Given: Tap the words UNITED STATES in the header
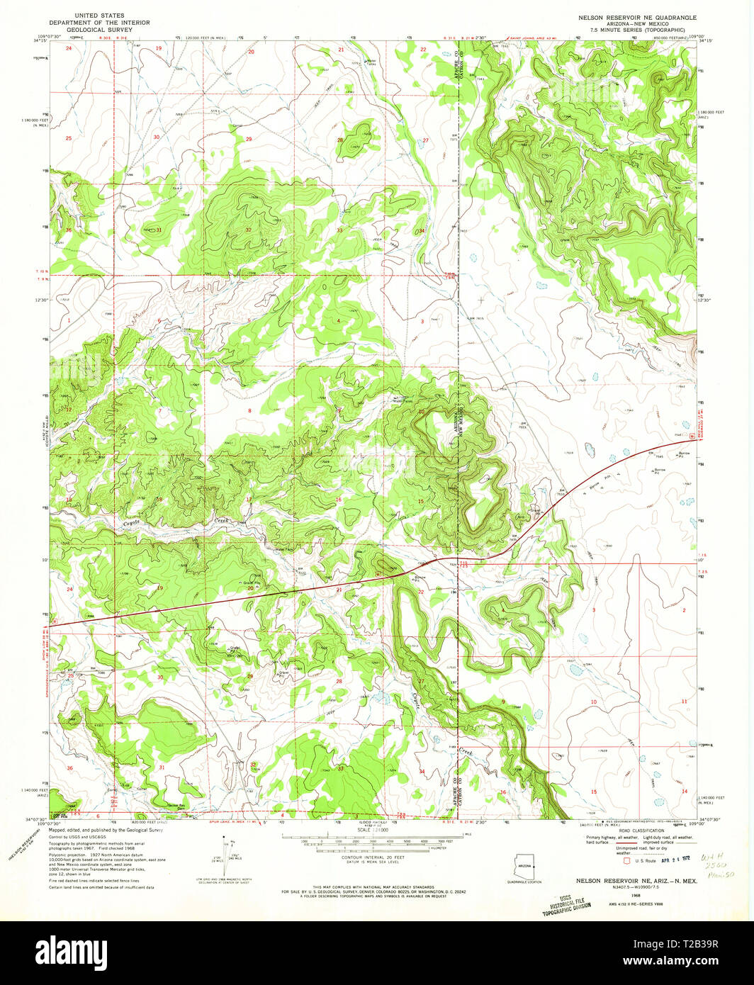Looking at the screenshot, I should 99,15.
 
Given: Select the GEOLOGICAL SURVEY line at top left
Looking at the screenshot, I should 99,30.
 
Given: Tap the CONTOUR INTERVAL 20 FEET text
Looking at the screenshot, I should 376,857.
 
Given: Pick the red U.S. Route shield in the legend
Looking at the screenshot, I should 626,862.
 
